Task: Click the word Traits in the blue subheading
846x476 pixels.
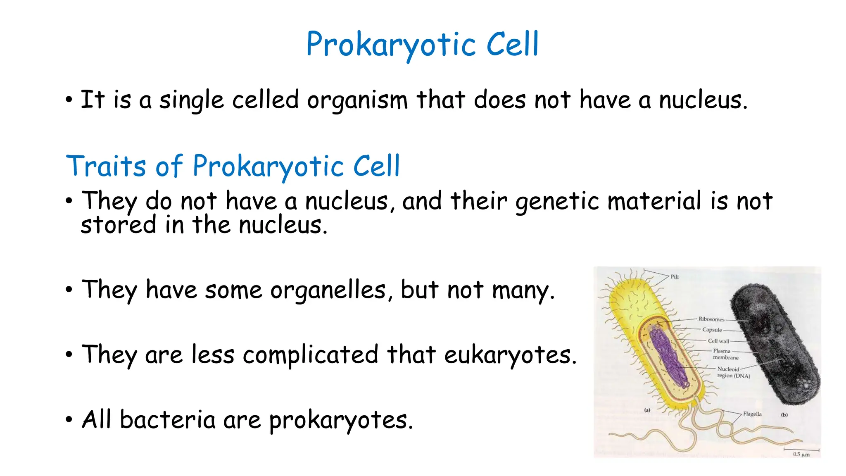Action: click(x=106, y=166)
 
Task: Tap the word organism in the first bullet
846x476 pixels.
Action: click(x=357, y=100)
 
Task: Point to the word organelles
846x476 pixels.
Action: click(x=328, y=290)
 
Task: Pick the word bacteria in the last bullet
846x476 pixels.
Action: click(x=167, y=420)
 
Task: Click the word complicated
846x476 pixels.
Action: click(x=310, y=355)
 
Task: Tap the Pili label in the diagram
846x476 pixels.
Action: click(x=675, y=277)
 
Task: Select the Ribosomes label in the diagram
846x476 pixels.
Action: click(x=711, y=319)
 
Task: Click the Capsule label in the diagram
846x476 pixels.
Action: click(x=712, y=330)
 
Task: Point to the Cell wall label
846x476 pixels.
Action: click(x=718, y=341)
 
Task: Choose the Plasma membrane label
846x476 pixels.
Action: click(x=725, y=354)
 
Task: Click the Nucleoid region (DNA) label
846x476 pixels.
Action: click(x=733, y=372)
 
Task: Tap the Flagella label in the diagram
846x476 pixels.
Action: click(x=752, y=414)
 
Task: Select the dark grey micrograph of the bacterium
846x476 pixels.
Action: click(x=775, y=343)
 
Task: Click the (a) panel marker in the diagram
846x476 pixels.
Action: click(x=647, y=410)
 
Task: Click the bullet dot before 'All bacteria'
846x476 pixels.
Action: click(x=69, y=420)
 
